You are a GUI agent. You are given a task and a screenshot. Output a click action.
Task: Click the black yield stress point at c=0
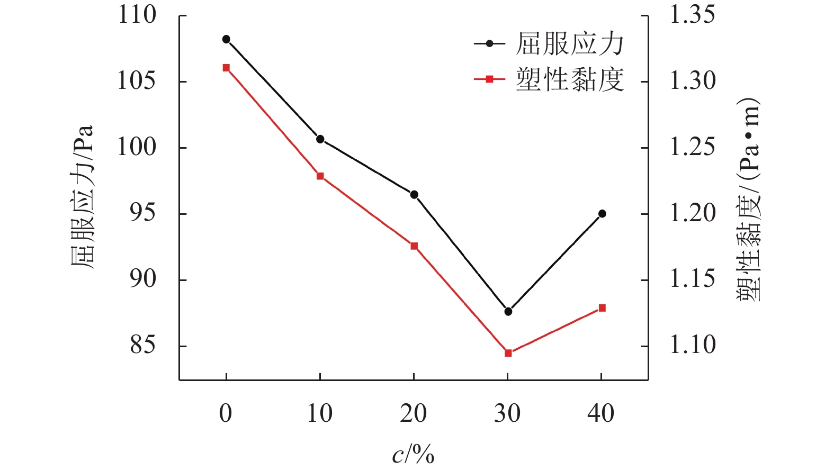[226, 39]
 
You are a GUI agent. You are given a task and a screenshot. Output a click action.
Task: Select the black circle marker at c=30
[508, 311]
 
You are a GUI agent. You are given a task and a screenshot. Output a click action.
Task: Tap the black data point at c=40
[602, 214]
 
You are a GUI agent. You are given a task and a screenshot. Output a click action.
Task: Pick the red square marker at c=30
[508, 353]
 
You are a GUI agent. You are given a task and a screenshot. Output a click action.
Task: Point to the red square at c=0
[226, 68]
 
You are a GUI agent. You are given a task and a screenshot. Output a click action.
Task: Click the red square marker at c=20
[414, 246]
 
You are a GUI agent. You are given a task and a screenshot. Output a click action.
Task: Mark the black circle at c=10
[320, 139]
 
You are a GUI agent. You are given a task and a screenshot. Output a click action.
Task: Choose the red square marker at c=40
[602, 308]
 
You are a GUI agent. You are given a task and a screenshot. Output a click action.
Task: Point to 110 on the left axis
[137, 15]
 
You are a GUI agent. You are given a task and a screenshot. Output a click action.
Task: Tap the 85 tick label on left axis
[143, 346]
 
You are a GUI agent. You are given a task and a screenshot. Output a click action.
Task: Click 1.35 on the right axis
[693, 15]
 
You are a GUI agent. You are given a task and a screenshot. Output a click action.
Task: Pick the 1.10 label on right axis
[693, 346]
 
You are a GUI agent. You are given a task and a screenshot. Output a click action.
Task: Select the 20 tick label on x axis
[414, 413]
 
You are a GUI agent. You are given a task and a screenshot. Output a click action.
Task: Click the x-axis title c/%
[413, 455]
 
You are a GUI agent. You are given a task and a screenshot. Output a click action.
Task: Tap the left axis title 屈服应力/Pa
[83, 197]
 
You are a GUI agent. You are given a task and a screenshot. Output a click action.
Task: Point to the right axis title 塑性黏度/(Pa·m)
[748, 200]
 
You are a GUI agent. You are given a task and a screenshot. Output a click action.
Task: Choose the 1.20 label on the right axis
[693, 213]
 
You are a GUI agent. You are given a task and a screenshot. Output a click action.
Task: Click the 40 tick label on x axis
[601, 413]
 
